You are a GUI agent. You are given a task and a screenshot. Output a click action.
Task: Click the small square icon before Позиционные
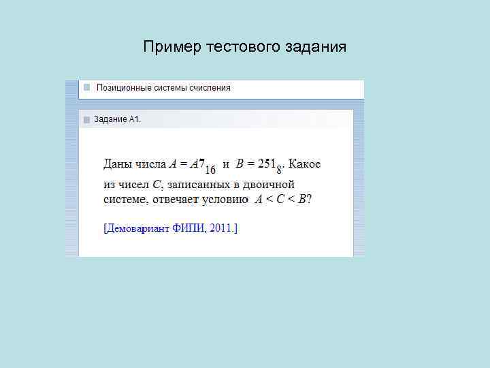(x=86, y=88)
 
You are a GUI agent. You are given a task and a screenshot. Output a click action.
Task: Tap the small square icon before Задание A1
(x=86, y=120)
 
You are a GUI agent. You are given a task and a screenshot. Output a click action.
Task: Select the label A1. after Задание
(x=135, y=120)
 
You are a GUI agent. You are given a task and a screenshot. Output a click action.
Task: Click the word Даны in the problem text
(x=117, y=164)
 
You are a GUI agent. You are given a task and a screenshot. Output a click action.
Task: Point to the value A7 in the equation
(x=197, y=164)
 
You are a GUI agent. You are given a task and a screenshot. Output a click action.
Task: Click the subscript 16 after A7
(x=210, y=169)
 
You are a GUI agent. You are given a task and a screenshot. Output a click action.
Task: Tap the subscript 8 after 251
(x=279, y=169)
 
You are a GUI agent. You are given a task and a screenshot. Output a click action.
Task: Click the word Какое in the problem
(x=305, y=164)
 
